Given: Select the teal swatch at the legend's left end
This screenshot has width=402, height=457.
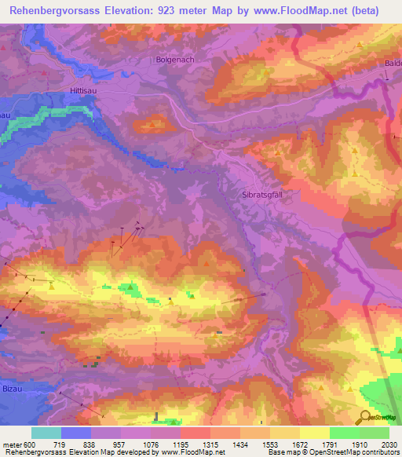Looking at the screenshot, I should pyautogui.click(x=46, y=433).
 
